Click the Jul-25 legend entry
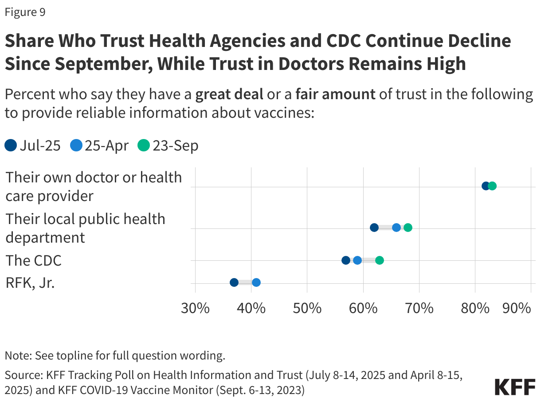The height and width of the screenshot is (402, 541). coord(33,146)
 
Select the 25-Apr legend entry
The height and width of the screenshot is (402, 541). coord(99,146)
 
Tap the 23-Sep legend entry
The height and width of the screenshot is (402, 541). coord(168,146)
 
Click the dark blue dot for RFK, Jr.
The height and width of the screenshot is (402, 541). coord(234,282)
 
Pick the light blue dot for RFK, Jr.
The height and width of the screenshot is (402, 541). coord(256,282)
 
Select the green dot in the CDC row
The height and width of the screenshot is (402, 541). coord(380,260)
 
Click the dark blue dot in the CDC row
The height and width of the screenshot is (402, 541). coord(346,260)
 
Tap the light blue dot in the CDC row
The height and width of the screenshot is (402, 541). coord(357,260)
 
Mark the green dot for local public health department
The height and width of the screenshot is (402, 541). coord(408,228)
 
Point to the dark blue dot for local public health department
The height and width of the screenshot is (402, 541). coord(374,228)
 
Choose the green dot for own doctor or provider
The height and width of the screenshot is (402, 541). coord(492,186)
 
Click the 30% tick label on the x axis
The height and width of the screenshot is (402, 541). coord(196,308)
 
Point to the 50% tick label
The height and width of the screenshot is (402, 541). coord(307,308)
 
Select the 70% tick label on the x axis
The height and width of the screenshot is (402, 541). coord(419,308)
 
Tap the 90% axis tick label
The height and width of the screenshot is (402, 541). coord(517,308)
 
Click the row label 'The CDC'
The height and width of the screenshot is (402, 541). coord(33,260)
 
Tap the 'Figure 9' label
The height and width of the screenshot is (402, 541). coord(25,12)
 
